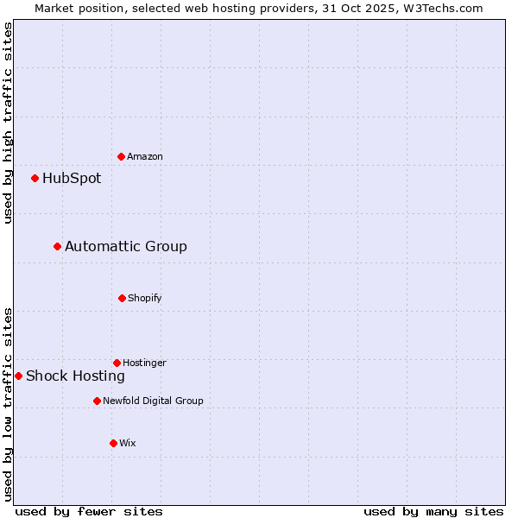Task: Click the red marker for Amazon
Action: (x=122, y=156)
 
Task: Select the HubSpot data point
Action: (x=35, y=179)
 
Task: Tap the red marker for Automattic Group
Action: (x=58, y=247)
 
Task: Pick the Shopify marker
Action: (x=122, y=298)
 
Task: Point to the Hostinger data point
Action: (x=117, y=363)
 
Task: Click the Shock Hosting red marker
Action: (x=19, y=376)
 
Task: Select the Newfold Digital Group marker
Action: (x=97, y=401)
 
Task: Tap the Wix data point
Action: (x=113, y=443)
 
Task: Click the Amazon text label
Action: (x=145, y=157)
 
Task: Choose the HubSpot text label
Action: (x=72, y=179)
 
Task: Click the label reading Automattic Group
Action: (x=126, y=247)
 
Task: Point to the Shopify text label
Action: (x=145, y=299)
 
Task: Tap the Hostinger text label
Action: (x=144, y=363)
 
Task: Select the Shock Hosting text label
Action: (x=75, y=376)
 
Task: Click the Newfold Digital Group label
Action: (x=153, y=401)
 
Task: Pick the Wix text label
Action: (x=128, y=444)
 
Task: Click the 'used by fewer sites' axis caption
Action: (x=89, y=512)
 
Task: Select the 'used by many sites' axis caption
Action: (x=433, y=512)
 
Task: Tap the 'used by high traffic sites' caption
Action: (x=8, y=123)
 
